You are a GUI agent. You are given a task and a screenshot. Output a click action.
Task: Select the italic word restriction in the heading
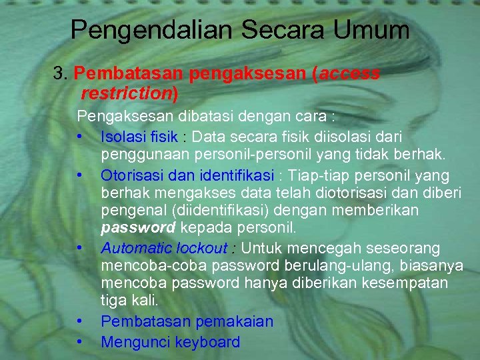coord(125,93)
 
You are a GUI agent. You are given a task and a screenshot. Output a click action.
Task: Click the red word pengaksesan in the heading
coord(247,73)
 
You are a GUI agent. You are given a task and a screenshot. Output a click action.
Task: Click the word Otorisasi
coord(130,175)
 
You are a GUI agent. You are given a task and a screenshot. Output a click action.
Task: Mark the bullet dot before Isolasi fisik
coord(80,137)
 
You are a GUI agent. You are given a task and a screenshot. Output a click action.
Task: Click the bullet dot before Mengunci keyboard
coord(80,342)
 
